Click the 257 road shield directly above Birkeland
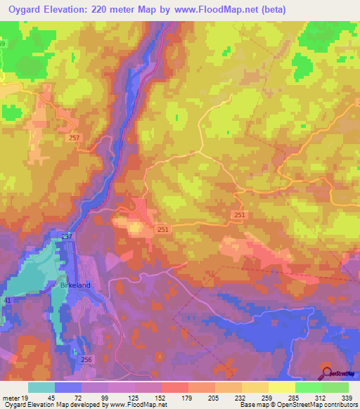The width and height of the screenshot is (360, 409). click(67, 236)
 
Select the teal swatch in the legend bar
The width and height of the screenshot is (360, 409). click(41, 388)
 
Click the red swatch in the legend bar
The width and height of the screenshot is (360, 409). click(174, 388)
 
